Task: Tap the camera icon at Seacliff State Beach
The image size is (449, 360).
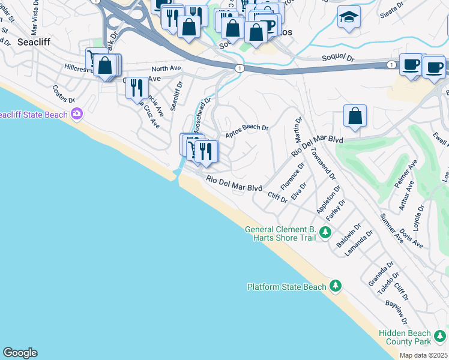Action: [76, 113]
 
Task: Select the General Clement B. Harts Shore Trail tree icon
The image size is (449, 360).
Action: [325, 232]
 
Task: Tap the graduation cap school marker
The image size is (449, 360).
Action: [348, 18]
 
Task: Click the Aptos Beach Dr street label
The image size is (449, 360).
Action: [246, 131]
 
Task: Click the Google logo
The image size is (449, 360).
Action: [20, 353]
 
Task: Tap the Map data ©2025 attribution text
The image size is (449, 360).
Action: [423, 355]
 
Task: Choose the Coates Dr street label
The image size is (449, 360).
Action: [63, 93]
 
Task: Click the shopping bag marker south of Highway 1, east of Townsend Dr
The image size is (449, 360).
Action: [355, 116]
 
